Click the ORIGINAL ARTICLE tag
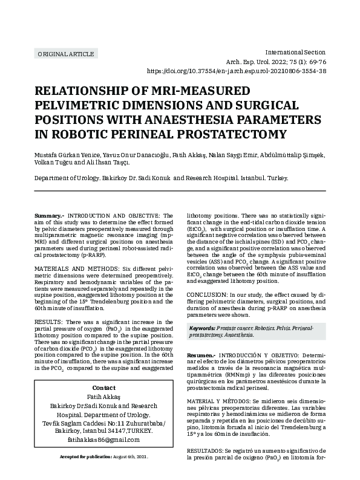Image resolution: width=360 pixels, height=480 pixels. tap(66, 54)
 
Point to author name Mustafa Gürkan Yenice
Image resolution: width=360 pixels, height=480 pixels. tap(66, 154)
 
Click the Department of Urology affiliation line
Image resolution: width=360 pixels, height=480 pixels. tap(161, 179)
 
